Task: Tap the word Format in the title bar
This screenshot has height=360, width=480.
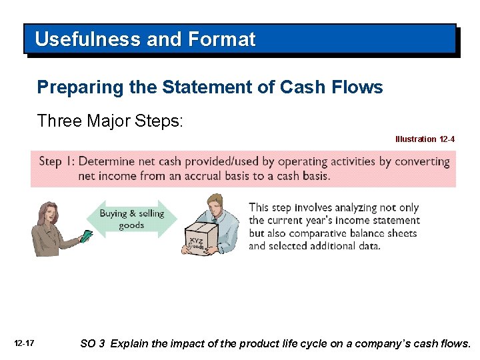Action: click(x=222, y=39)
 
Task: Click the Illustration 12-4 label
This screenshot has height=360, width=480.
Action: click(x=425, y=139)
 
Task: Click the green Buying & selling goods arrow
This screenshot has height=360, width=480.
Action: click(x=131, y=219)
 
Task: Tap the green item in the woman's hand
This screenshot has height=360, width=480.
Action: click(x=85, y=236)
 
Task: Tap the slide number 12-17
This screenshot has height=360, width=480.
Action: click(x=24, y=343)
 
